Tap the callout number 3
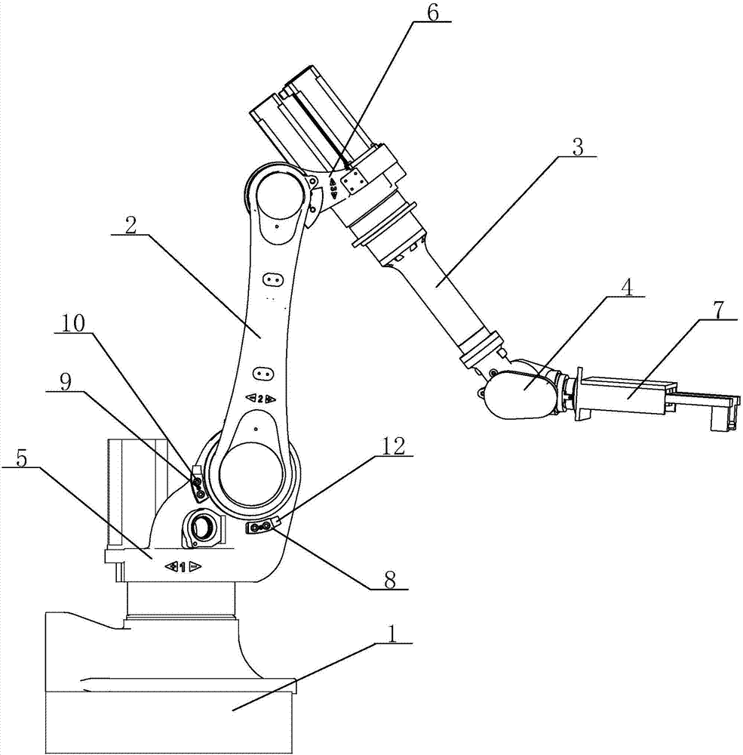tap(577, 146)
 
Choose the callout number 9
tap(66, 382)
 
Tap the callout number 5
tap(21, 458)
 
